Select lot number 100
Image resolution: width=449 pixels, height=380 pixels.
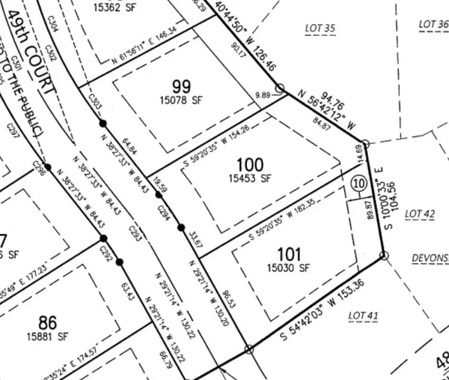[249, 164]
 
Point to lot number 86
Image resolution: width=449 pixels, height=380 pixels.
[48, 323]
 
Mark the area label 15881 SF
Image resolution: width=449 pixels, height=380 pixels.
[49, 336]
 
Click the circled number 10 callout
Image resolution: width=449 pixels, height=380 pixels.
[358, 182]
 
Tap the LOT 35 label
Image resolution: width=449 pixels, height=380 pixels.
[320, 28]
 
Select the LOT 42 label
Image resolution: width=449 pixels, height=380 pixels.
[419, 214]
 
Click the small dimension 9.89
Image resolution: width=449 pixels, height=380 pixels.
[261, 95]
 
